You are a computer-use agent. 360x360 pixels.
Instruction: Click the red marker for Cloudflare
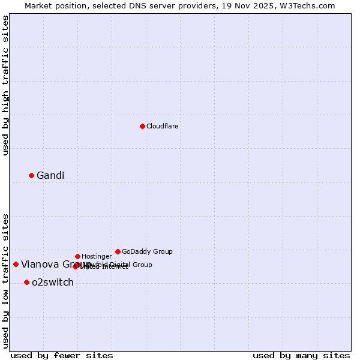coord(142,126)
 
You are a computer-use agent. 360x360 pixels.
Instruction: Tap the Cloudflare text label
coord(162,127)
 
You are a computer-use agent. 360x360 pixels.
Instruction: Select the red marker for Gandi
coord(31,175)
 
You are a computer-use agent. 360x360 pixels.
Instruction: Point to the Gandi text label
coord(50,176)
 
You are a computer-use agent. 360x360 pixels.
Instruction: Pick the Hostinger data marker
coord(77,256)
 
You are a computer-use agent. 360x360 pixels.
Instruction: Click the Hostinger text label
coord(97,257)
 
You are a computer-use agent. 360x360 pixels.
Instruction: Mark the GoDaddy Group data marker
coord(118,251)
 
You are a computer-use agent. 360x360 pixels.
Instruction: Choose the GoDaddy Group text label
coord(147,252)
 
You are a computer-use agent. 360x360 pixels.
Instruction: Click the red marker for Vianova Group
coord(16,264)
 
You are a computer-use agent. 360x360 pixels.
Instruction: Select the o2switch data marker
coord(26,282)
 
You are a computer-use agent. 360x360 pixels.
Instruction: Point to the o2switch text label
coord(53,283)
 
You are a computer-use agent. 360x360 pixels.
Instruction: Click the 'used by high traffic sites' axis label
coord(5,85)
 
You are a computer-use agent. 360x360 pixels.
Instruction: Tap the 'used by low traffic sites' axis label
coord(5,281)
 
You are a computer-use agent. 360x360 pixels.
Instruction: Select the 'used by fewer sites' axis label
coord(62,356)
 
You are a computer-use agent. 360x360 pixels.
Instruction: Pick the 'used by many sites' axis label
coord(301,356)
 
